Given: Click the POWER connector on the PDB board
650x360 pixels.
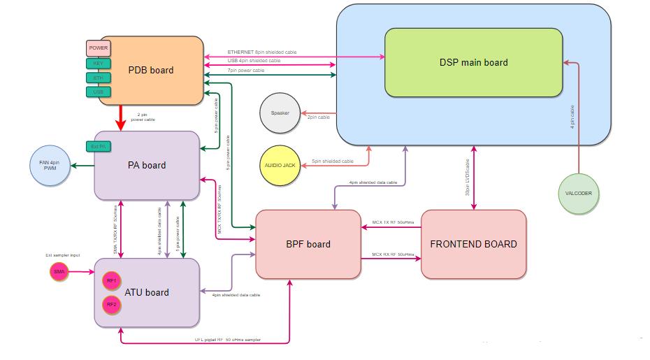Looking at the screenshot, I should coord(98,48).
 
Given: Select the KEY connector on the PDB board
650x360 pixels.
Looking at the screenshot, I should coord(98,64).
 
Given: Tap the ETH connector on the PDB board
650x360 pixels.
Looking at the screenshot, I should coord(98,78).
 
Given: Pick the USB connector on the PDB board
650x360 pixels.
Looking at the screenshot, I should coord(98,92).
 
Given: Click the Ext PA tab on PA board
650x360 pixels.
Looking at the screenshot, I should coord(99,146).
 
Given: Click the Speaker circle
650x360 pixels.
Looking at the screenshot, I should coord(280,113).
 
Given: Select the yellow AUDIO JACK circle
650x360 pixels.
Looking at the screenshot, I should coord(280,165).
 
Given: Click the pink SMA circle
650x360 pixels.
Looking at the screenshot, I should coord(59,272).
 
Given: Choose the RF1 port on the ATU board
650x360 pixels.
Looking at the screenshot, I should coord(110,281).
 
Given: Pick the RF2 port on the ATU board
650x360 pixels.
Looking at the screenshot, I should coord(110,305).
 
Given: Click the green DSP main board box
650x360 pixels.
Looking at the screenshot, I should coord(473,62).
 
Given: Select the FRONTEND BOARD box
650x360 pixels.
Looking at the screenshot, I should coord(473,244).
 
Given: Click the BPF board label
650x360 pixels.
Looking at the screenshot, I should coord(308,244).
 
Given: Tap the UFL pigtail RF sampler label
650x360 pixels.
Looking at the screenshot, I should coord(227,339).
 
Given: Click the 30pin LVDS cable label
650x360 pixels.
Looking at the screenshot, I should coord(468,178).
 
